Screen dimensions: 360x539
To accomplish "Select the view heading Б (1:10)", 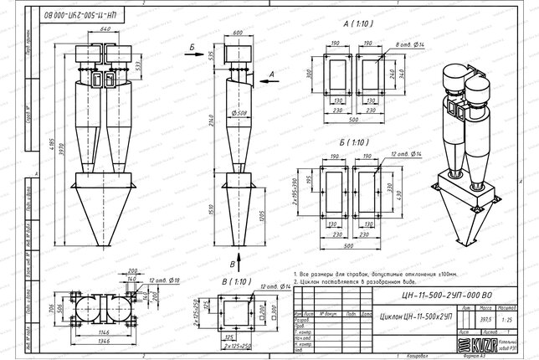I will (x=356, y=143).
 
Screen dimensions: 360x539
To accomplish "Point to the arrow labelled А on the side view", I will (x=271, y=75).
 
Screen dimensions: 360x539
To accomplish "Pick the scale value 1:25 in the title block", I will (x=505, y=319).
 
